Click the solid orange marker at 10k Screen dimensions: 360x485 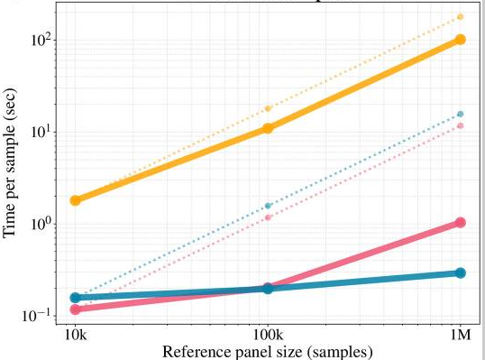point(76,200)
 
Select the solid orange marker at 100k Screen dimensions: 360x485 point(268,128)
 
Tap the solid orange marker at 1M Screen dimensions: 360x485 point(460,40)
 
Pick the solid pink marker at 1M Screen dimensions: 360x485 point(460,222)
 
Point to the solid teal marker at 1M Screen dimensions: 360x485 point(460,272)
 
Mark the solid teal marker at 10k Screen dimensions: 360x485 point(76,298)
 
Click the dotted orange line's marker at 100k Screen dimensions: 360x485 point(268,108)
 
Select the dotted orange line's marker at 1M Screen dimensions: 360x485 point(460,17)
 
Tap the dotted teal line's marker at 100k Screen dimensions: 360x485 point(268,206)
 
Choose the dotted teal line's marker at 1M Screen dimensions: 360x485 point(460,115)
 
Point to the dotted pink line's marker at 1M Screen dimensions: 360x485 point(460,125)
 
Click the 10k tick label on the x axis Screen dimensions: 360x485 point(76,334)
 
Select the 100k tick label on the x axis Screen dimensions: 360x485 point(268,334)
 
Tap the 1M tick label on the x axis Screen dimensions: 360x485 point(460,334)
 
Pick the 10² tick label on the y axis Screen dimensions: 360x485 point(42,40)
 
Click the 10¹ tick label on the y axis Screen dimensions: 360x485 point(42,132)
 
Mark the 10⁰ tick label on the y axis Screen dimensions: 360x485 point(42,224)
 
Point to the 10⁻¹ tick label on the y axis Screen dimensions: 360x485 point(41,316)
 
